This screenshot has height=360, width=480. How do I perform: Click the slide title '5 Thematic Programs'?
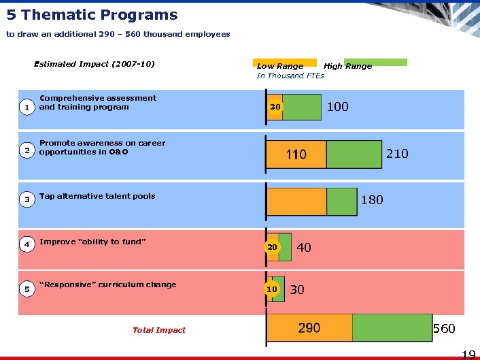(92, 15)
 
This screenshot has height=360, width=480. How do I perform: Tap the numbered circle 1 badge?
(27, 108)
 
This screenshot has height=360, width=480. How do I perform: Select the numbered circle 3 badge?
(27, 199)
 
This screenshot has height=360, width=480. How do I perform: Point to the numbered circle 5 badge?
(27, 289)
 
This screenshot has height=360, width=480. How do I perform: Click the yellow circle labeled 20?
(272, 247)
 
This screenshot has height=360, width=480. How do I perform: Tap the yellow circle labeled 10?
(272, 289)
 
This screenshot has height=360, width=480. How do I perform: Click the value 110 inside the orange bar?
(296, 154)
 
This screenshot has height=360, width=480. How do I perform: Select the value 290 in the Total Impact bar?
(309, 328)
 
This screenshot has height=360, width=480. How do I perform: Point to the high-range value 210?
(397, 154)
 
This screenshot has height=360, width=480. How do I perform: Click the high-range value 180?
(372, 199)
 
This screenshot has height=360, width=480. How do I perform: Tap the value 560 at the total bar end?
(444, 329)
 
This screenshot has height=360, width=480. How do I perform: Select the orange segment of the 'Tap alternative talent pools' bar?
(296, 201)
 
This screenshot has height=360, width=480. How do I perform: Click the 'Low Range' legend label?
(280, 66)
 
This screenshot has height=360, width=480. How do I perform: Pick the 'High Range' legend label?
(347, 66)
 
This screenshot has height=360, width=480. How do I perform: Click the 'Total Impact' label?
(158, 330)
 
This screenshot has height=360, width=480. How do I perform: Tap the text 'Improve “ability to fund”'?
(93, 242)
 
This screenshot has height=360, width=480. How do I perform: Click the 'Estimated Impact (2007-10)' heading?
(95, 64)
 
